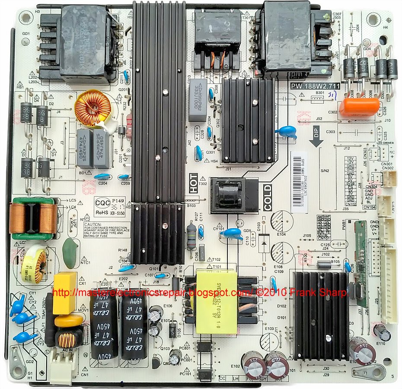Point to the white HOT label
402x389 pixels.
[x=193, y=183]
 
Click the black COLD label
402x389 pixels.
[x=267, y=197]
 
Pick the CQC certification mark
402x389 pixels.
[x=102, y=202]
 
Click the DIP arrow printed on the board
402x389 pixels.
[x=319, y=139]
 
